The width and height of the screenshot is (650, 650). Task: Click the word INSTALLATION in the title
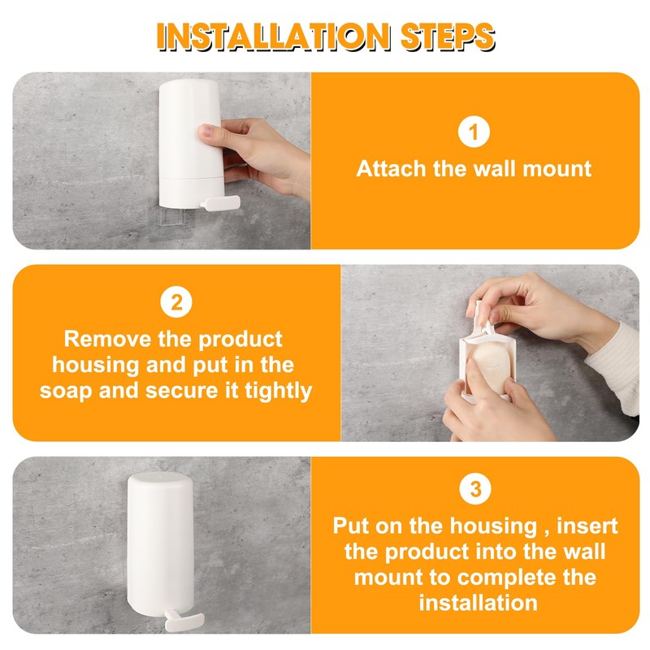click(x=273, y=37)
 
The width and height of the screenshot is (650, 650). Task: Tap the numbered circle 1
click(x=474, y=132)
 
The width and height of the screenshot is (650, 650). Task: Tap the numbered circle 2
click(x=176, y=301)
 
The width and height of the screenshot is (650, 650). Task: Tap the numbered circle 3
click(x=475, y=489)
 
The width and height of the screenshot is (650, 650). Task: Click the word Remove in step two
click(x=108, y=339)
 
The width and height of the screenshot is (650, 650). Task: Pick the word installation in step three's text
click(x=478, y=603)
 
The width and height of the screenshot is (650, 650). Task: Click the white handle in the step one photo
click(x=219, y=202)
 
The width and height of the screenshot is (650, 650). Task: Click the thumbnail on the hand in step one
click(x=206, y=132)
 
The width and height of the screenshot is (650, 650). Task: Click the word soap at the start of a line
click(x=66, y=392)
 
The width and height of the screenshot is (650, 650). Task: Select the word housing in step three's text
click(x=493, y=526)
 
